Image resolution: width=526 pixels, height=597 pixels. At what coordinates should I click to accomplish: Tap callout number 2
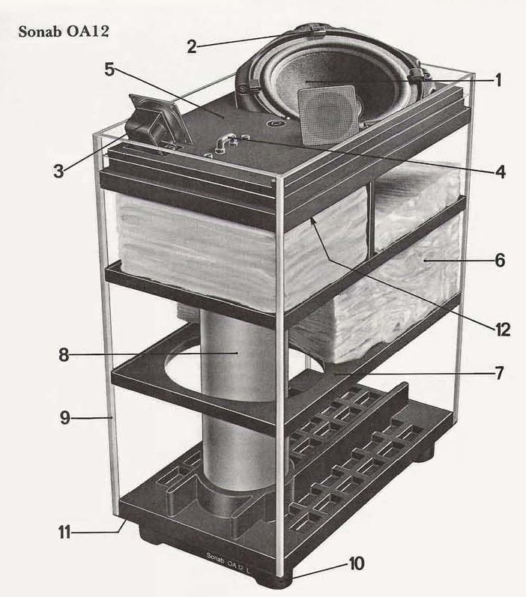(x=192, y=46)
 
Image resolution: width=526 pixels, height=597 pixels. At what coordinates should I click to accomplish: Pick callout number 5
(x=109, y=70)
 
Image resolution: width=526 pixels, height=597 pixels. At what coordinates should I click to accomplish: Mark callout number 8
(x=64, y=354)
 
